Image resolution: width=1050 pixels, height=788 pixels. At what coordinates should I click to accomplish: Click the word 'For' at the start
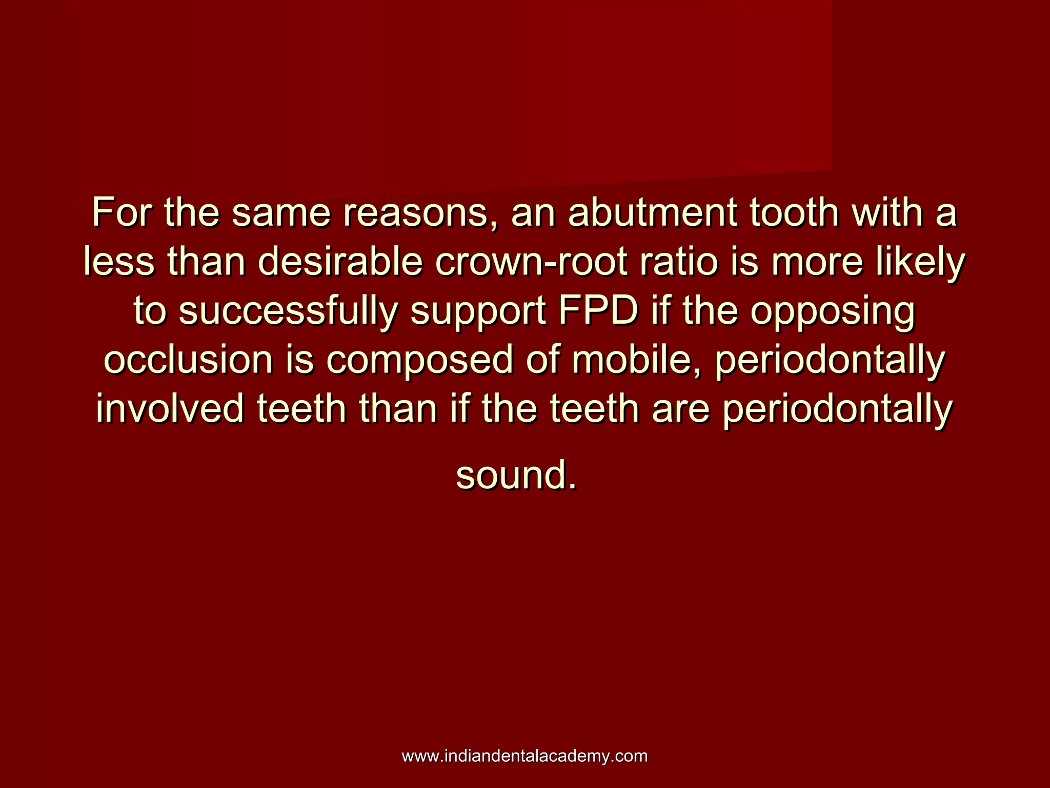[122, 212]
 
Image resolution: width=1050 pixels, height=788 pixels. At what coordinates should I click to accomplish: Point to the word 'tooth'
[794, 212]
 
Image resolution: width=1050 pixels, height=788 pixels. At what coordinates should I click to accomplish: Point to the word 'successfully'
[288, 311]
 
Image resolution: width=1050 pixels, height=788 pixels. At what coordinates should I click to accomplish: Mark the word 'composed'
[419, 361]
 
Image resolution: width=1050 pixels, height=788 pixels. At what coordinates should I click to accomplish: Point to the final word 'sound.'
[516, 475]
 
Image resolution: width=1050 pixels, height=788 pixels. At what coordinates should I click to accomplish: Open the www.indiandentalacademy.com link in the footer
[524, 756]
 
